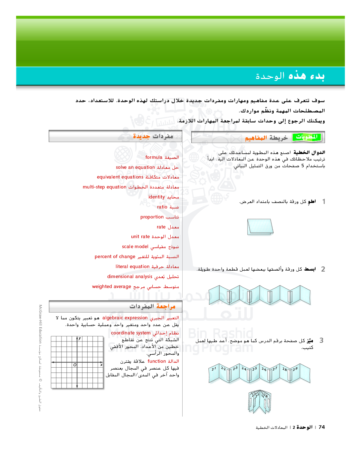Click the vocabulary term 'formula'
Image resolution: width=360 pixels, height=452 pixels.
click(154, 158)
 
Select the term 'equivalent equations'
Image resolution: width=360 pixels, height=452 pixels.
click(120, 177)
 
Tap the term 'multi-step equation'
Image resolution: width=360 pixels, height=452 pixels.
click(104, 187)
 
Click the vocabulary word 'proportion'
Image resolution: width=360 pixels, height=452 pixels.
click(152, 217)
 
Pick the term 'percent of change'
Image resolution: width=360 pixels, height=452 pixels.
click(115, 257)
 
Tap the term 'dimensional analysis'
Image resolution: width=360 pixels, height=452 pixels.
click(130, 277)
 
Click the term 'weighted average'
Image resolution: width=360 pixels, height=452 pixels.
click(111, 287)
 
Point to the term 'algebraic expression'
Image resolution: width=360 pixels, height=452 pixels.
click(125, 318)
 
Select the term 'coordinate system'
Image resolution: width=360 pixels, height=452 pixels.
click(131, 333)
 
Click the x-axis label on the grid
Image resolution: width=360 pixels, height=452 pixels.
click(101, 365)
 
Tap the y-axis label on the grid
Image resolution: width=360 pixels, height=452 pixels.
click(80, 338)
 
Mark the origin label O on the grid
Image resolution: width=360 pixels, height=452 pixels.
click(75, 365)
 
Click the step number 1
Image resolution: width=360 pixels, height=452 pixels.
click(324, 202)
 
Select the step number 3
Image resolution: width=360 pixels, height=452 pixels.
click(321, 341)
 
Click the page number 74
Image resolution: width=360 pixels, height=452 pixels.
click(322, 427)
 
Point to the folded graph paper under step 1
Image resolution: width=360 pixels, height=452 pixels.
click(260, 226)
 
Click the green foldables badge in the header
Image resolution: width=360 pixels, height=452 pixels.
click(307, 137)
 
